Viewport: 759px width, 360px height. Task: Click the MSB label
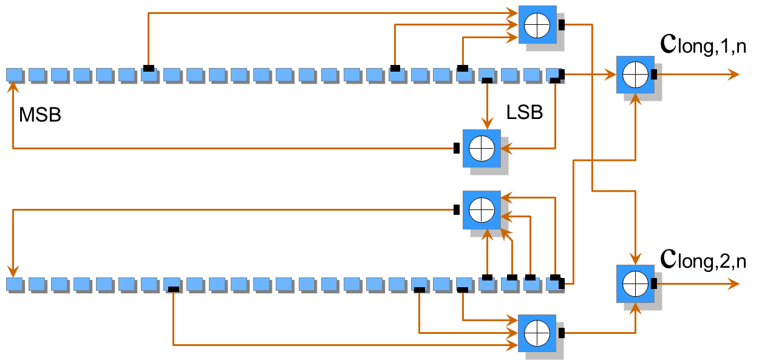40,115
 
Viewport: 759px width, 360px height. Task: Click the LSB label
525,112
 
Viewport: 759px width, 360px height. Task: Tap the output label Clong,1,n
703,45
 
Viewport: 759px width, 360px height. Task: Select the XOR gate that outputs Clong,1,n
635,75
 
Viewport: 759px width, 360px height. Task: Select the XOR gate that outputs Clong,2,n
635,284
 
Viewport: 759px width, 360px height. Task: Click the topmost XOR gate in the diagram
537,25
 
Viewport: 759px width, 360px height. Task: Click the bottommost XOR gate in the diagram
537,333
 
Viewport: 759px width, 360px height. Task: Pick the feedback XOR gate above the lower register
482,210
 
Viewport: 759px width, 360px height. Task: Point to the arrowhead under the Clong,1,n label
734,75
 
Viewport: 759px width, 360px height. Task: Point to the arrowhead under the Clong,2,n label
734,284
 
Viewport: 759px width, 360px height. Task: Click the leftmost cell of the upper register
14,75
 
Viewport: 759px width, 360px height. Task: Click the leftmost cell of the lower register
14,284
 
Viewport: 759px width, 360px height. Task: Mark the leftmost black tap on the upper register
149,68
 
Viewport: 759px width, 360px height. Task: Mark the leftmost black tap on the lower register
174,290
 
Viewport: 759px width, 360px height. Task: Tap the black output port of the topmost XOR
562,25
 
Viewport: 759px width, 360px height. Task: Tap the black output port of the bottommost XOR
562,333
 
